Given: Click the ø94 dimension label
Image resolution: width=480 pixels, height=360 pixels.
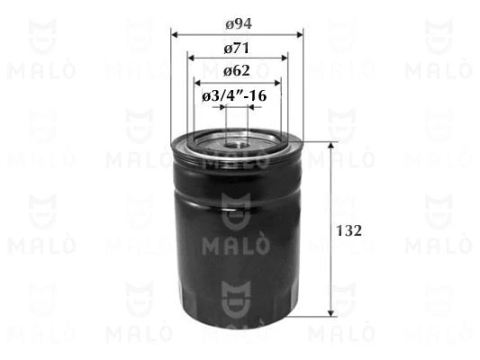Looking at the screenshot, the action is [239, 24].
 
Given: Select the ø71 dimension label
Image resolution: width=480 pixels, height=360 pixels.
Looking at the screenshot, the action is [237, 48].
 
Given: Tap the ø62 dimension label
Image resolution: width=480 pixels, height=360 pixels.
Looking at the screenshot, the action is [237, 71].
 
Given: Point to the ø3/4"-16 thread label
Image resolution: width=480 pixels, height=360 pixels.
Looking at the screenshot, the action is [234, 96].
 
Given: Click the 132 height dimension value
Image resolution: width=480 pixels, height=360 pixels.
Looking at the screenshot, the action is [349, 230].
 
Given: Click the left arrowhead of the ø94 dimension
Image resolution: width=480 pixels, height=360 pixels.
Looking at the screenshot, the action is [175, 34].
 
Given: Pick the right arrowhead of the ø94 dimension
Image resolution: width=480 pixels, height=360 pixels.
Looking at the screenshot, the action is [300, 34].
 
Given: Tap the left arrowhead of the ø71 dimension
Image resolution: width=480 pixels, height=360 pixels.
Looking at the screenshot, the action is [191, 58].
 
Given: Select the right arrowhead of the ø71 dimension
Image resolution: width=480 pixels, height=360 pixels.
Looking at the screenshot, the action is [285, 58].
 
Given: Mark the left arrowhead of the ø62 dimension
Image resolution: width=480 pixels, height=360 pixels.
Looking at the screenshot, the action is [198, 83].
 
